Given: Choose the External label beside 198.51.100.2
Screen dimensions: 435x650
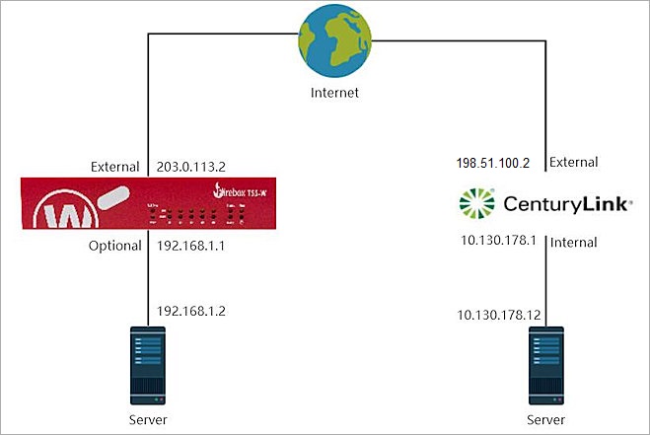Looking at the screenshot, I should [573, 163].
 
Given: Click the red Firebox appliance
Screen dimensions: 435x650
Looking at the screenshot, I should [147, 205].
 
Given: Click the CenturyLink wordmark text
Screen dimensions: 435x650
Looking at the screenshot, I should [560, 204].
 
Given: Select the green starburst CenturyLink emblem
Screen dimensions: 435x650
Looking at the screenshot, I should [480, 203].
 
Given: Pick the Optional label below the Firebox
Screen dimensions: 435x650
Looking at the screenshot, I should [113, 246].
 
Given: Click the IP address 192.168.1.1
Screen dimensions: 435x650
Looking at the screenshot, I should [191, 246].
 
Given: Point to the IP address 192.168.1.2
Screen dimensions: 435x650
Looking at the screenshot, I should [191, 312].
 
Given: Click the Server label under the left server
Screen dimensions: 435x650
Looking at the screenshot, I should [147, 420].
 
